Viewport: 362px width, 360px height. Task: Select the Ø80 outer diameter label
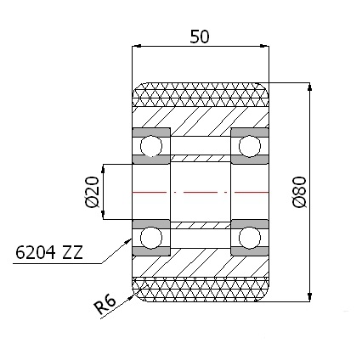tap(298, 194)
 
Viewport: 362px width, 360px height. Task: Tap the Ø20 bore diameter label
tap(92, 192)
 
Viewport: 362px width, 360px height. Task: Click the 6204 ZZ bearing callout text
tap(48, 253)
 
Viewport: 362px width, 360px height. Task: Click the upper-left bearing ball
tap(152, 147)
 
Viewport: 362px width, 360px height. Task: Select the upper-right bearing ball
tap(249, 147)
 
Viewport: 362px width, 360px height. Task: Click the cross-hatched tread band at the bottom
tap(201, 290)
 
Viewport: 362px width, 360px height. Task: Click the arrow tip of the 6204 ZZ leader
tap(131, 242)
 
